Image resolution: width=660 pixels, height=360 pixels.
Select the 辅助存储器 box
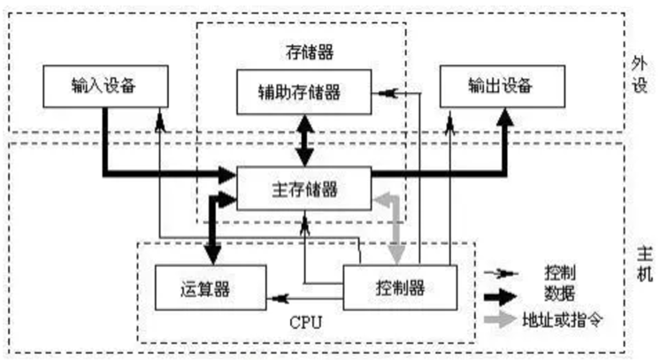coord(303,91)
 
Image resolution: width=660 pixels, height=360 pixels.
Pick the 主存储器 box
coord(303,188)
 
